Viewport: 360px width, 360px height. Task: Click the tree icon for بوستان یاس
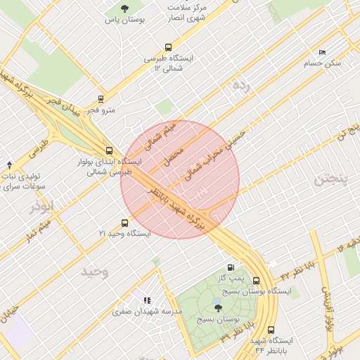click(x=124, y=8)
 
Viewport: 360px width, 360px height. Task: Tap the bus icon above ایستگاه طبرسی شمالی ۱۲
click(x=167, y=48)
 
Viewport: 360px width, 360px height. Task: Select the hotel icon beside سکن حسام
click(x=322, y=52)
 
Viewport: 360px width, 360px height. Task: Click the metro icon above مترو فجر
click(x=101, y=99)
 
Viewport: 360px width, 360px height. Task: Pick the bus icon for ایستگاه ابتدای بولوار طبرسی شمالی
click(x=108, y=150)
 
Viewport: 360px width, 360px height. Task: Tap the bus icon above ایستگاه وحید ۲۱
click(x=125, y=222)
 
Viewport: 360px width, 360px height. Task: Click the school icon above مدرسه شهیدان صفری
click(x=147, y=300)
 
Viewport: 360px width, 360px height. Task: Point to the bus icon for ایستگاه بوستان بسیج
click(x=256, y=280)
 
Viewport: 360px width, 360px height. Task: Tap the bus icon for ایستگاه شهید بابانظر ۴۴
click(x=271, y=330)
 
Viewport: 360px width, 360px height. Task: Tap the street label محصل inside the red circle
click(x=172, y=155)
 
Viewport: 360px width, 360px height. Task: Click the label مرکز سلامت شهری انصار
click(x=186, y=13)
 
